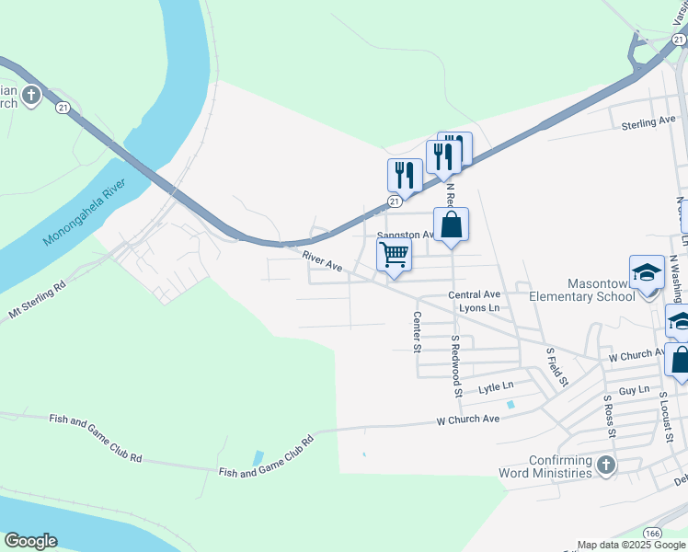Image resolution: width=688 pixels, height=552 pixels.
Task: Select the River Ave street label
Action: tap(324, 261)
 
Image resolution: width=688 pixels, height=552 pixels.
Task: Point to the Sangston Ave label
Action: tap(406, 236)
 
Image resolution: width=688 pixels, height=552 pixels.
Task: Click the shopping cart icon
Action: tap(394, 254)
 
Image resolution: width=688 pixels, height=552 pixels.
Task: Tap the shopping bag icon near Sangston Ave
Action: tap(452, 224)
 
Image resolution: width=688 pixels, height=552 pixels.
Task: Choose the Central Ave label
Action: tap(473, 294)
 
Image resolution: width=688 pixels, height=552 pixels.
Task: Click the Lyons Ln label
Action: tap(478, 308)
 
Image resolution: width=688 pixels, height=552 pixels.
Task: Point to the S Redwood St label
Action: tap(455, 365)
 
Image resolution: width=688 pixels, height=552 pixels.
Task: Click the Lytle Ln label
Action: tap(495, 388)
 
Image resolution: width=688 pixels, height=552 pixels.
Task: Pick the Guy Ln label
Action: tap(634, 391)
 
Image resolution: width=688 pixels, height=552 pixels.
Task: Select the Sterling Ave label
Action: tap(648, 122)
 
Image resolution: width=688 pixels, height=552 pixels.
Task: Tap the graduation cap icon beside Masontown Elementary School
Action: tap(647, 272)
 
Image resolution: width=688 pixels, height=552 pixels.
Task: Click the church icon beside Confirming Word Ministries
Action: tap(605, 466)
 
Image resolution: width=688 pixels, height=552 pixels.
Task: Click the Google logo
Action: tap(30, 541)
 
